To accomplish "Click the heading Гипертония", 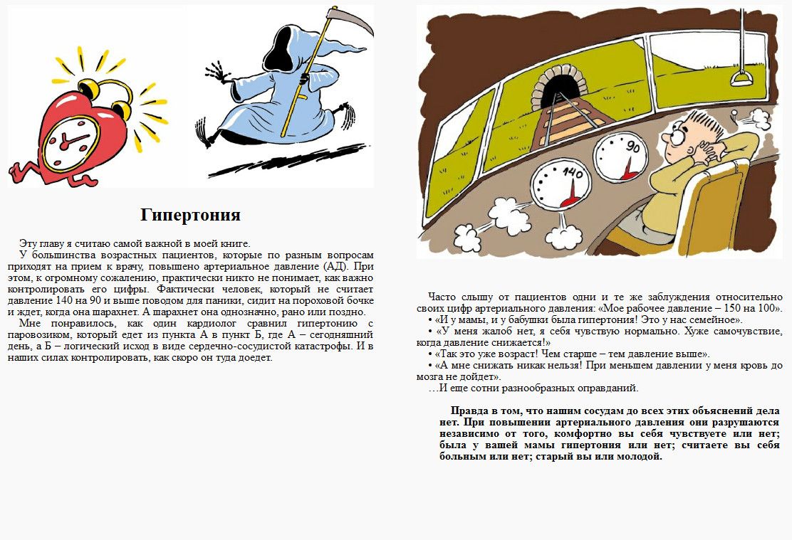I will pyautogui.click(x=190, y=215).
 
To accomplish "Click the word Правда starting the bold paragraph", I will pyautogui.click(x=469, y=411).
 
